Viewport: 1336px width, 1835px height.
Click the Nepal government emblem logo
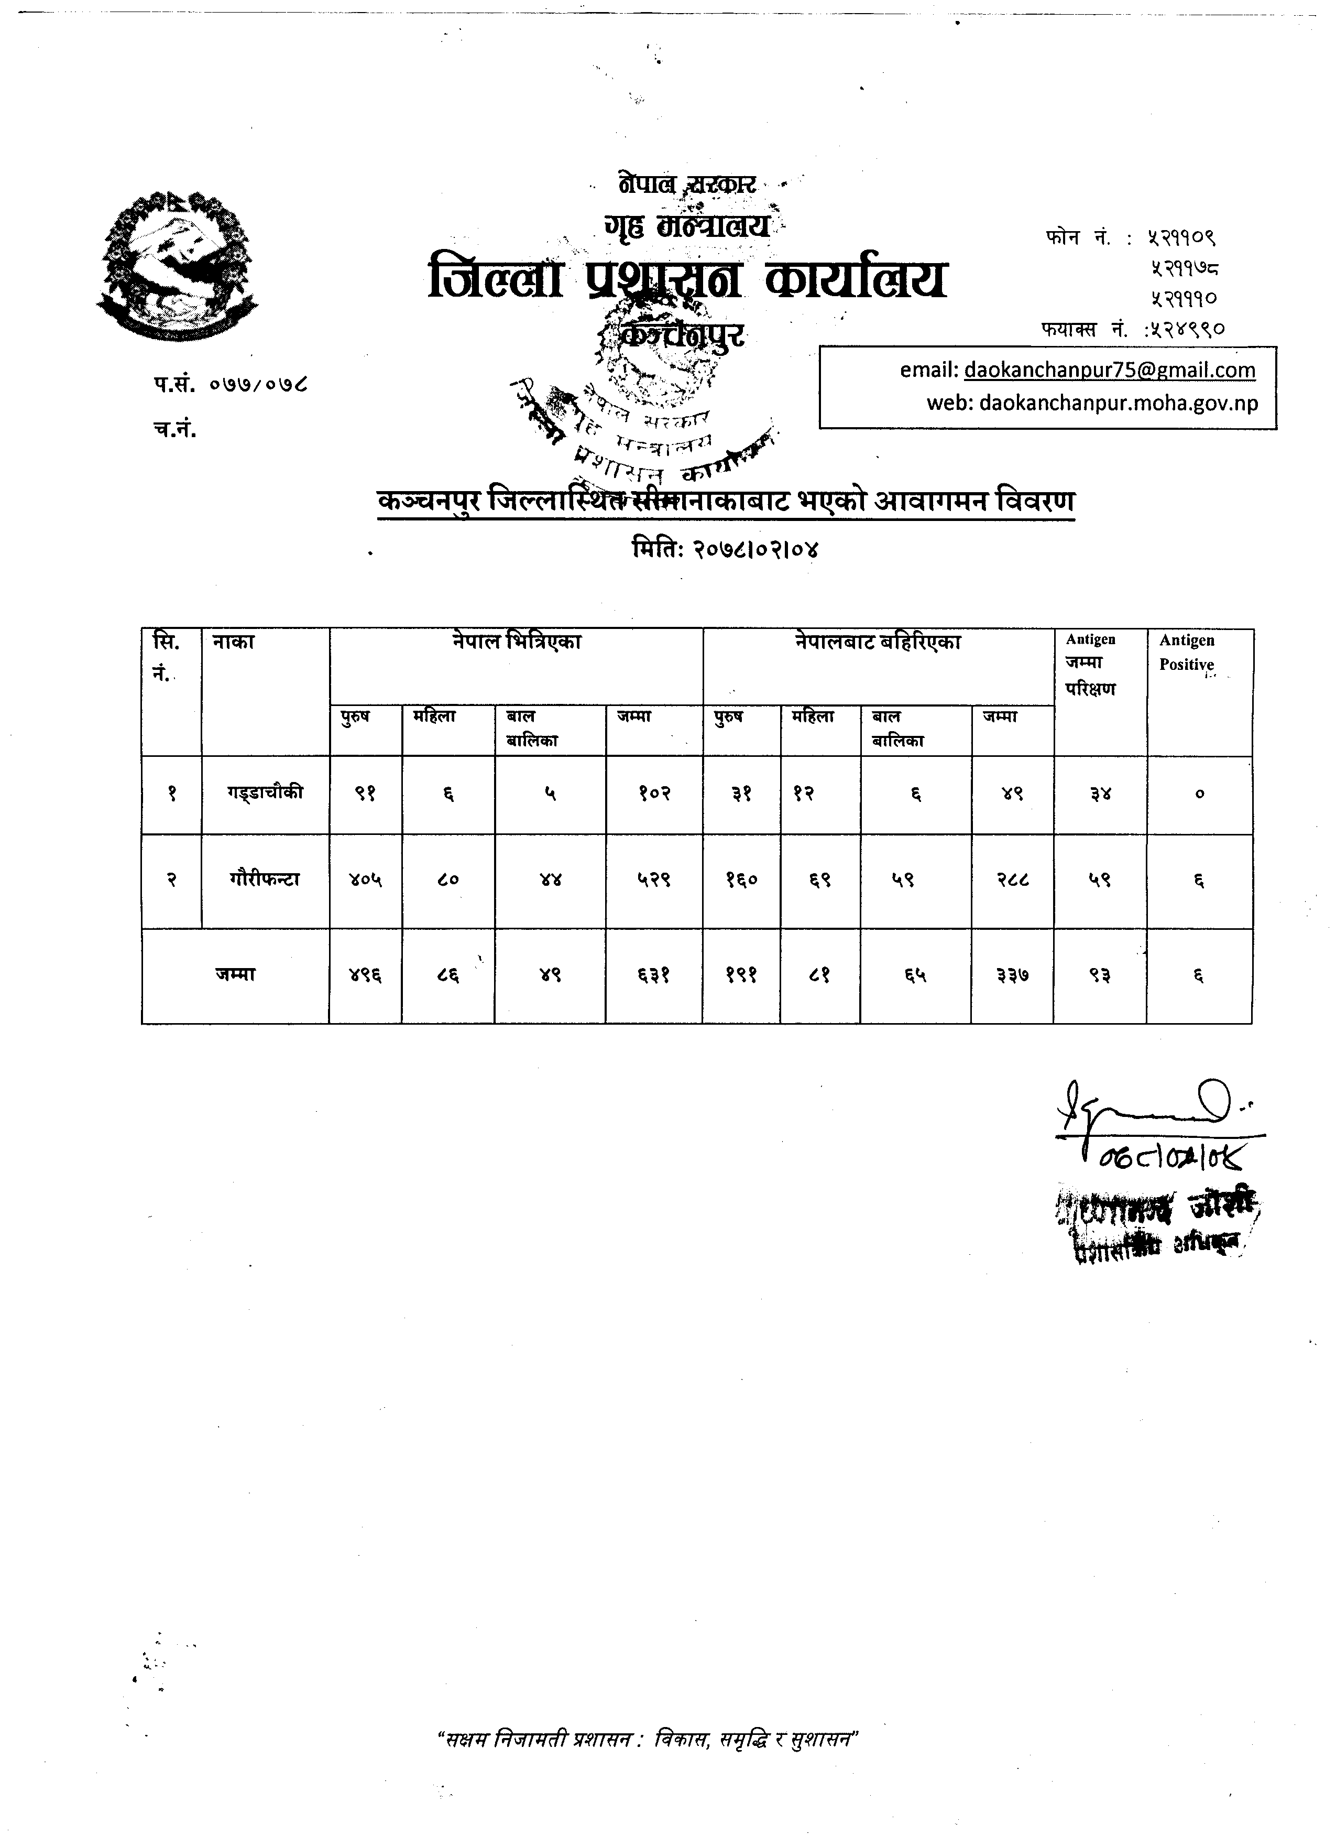(177, 265)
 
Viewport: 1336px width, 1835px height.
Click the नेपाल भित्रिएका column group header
(516, 643)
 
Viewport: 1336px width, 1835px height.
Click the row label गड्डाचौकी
(265, 792)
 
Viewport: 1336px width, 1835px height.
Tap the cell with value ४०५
(366, 880)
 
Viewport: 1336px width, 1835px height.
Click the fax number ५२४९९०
(1186, 329)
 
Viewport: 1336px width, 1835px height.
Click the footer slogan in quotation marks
(647, 1738)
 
